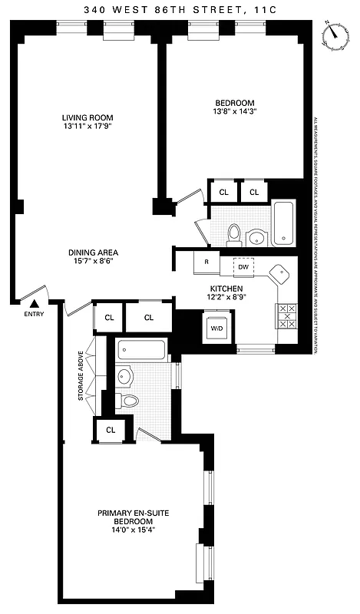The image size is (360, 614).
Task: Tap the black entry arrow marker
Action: coord(33,305)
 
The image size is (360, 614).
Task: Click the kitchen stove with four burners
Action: coord(286,315)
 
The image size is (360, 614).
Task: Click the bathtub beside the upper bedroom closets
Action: coord(282,222)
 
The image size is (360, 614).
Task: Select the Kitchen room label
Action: coord(226,288)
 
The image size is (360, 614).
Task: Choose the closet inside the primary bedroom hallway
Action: coord(111,430)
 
